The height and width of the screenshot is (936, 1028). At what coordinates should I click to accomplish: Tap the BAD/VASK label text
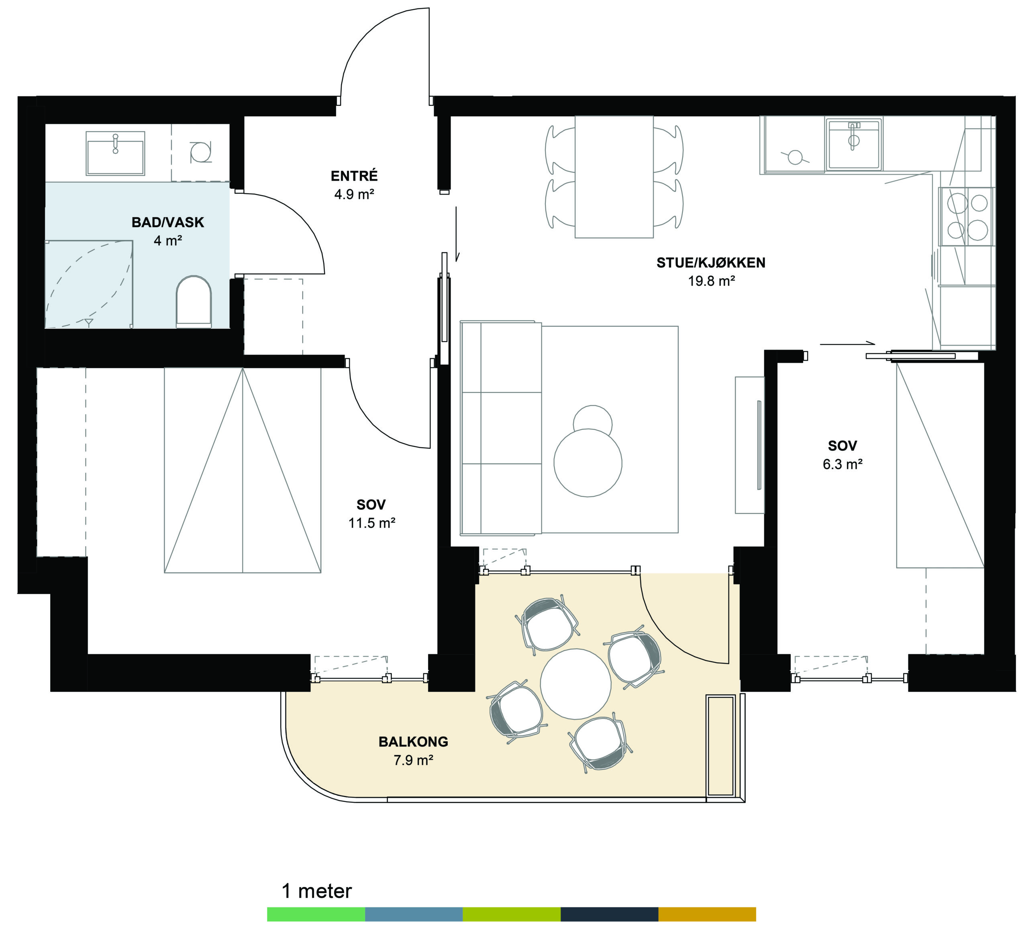[168, 222]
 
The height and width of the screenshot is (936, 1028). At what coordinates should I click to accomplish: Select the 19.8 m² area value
[711, 281]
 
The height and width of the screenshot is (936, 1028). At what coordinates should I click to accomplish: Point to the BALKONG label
[413, 742]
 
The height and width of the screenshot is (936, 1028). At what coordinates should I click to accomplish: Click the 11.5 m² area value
[372, 523]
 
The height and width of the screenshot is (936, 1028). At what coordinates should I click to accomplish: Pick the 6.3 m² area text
[842, 464]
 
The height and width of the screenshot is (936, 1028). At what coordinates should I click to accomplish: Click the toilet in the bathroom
[194, 302]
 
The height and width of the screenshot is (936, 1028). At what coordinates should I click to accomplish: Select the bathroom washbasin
[115, 153]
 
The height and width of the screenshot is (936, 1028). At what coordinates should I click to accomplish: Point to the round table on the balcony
[575, 684]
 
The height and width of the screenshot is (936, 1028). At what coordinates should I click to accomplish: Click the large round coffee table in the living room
[588, 462]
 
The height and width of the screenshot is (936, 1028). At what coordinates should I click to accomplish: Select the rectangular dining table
[614, 177]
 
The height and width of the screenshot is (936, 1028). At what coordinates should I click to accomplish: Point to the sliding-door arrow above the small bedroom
[847, 344]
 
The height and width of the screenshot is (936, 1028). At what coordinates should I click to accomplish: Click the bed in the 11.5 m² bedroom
[243, 470]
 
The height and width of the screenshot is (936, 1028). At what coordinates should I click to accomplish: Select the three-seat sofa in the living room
[501, 428]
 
